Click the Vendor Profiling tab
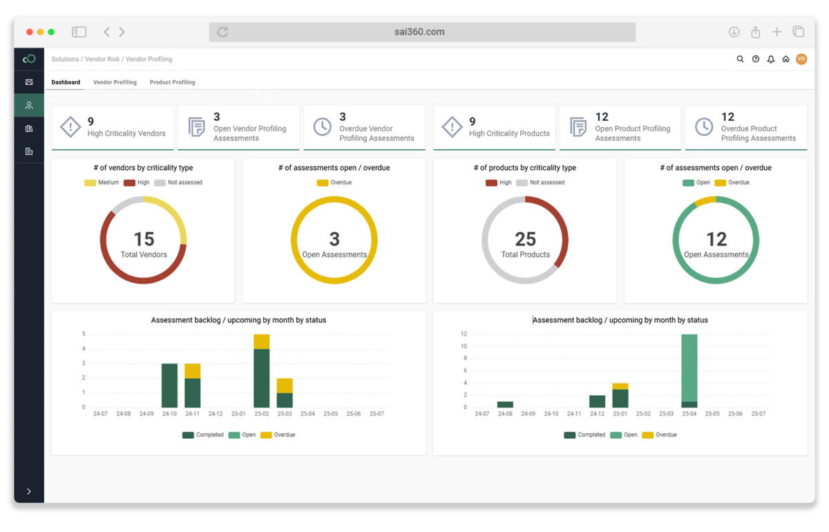click(115, 82)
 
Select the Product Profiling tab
click(172, 82)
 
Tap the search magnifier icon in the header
click(740, 59)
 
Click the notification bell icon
click(770, 59)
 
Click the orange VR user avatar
click(801, 59)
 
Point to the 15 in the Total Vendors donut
click(144, 239)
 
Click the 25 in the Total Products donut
click(525, 239)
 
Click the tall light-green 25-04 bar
click(689, 366)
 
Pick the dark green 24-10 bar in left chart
click(169, 386)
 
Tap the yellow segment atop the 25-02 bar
click(261, 341)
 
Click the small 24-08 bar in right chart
click(505, 404)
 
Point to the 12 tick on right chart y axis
click(464, 334)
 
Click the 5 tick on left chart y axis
click(84, 334)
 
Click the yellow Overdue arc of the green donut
click(705, 201)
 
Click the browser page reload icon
click(222, 32)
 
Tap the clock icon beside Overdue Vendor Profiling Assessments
click(322, 126)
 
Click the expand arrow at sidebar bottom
click(28, 491)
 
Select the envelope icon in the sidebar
click(28, 82)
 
